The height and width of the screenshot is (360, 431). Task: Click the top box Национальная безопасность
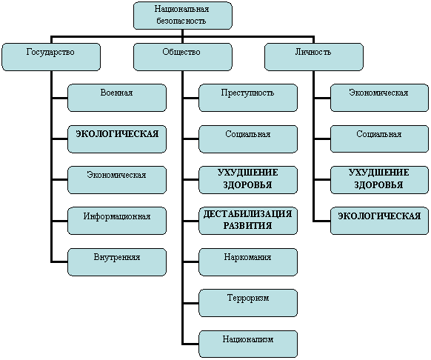click(x=183, y=16)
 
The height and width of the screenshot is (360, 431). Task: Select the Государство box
click(x=51, y=57)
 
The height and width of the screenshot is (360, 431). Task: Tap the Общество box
click(x=183, y=57)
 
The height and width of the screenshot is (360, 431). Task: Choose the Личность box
click(x=314, y=57)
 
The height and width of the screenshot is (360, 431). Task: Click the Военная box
click(x=117, y=98)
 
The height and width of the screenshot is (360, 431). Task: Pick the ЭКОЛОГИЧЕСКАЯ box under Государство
click(x=117, y=139)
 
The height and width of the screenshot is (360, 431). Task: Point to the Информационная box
click(x=117, y=221)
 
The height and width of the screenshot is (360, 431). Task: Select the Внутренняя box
click(x=117, y=262)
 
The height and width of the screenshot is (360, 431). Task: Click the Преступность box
click(x=248, y=98)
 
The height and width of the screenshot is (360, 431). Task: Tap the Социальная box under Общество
click(x=248, y=139)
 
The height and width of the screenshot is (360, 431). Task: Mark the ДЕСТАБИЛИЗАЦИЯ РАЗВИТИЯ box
click(x=248, y=221)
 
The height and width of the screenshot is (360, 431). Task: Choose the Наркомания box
click(x=248, y=262)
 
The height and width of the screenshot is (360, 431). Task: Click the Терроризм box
click(x=248, y=303)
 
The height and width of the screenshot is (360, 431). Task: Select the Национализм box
click(x=248, y=344)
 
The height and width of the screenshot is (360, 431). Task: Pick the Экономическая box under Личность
click(x=380, y=98)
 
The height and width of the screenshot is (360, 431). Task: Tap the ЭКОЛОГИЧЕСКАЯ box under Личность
click(x=380, y=221)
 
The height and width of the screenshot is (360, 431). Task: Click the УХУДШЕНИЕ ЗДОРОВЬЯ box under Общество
click(x=248, y=180)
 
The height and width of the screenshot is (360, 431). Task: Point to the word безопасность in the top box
click(x=181, y=21)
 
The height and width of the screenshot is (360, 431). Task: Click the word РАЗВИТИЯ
click(x=247, y=225)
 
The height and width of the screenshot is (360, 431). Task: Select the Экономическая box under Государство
click(x=117, y=180)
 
